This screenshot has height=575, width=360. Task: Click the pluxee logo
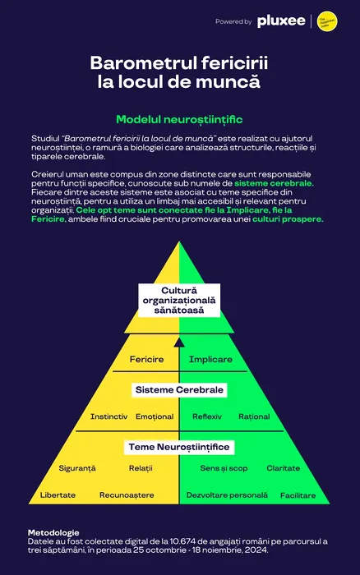[281, 21]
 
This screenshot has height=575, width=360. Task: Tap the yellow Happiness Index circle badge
[327, 21]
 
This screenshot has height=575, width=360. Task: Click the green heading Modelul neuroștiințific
[179, 120]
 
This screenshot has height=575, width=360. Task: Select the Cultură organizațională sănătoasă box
[179, 301]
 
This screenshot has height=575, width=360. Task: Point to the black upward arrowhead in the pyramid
[179, 343]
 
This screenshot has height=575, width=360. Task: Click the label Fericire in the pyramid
[146, 360]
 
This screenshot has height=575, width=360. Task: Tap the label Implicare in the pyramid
[210, 360]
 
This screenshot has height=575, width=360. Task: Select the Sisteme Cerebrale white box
[179, 389]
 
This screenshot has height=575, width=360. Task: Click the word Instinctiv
[109, 416]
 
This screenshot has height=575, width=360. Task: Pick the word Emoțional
[155, 417]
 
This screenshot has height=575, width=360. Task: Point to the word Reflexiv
[207, 416]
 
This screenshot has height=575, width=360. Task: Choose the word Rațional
[254, 417]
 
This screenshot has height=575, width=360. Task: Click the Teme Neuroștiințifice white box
[179, 447]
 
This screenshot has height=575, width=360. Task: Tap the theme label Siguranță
[77, 468]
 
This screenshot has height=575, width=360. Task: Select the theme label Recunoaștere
[127, 495]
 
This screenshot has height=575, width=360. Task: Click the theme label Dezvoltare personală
[227, 495]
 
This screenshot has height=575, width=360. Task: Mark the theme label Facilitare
[298, 495]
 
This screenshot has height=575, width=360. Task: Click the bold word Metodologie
[53, 533]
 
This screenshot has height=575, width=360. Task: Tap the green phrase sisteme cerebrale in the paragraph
[275, 183]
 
